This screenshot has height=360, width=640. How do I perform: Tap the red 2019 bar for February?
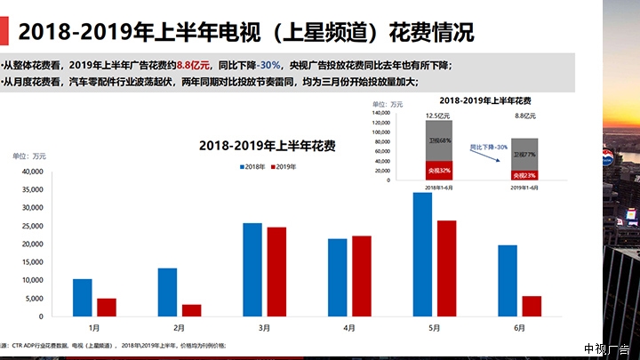[191, 310]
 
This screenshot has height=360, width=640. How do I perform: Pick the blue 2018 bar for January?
[83, 298]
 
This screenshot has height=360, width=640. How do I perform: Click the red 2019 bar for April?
[361, 276]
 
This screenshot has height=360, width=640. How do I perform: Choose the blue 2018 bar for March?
[252, 269]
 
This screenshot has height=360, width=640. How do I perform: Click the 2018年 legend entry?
[254, 166]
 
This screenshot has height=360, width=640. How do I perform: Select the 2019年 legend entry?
[284, 166]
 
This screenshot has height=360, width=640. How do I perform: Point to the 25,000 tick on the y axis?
[30, 226]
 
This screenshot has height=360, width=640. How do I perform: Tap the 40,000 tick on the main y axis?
[30, 172]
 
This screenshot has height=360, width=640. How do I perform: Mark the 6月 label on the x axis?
[520, 327]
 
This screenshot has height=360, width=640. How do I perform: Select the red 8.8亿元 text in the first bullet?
[193, 65]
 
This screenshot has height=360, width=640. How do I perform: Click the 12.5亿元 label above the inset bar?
[436, 115]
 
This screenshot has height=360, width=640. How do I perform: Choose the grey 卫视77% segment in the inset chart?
[524, 154]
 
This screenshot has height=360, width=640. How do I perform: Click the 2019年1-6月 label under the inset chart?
[524, 188]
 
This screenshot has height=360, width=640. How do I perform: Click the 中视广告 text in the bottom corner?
[606, 348]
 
